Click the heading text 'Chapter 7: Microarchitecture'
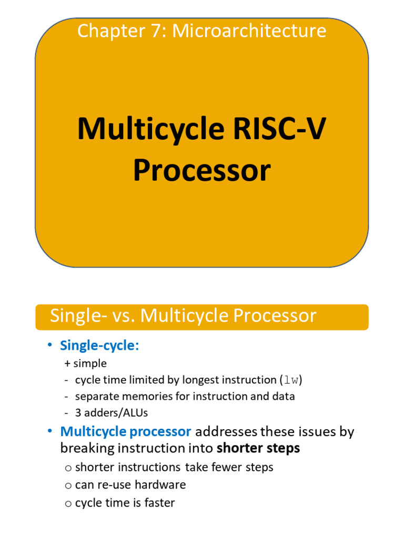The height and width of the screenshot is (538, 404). coord(201,31)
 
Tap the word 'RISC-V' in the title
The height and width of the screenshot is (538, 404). coord(271,129)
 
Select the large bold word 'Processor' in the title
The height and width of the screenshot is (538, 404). coord(201,171)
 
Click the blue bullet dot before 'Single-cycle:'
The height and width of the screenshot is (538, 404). coord(50,345)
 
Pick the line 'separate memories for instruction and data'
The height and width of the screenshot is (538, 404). coord(185,396)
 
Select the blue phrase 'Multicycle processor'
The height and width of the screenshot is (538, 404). coord(126,432)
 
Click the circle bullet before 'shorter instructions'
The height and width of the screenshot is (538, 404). coord(68,468)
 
